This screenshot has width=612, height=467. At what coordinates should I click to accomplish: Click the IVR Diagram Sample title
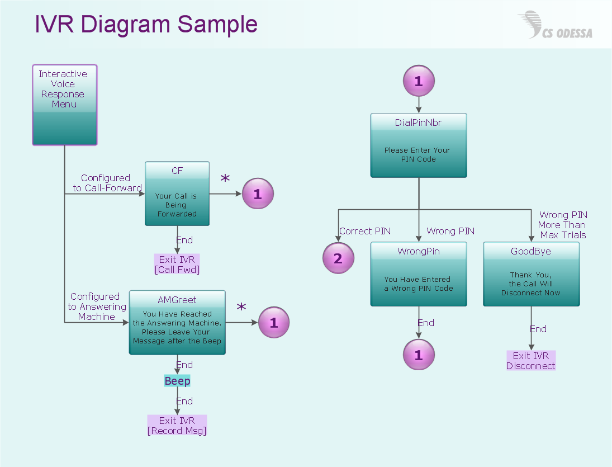click(146, 24)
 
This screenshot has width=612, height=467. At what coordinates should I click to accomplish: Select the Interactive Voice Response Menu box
click(65, 105)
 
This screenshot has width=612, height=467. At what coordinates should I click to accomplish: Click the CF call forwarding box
click(177, 194)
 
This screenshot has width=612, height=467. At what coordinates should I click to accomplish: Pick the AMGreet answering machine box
click(177, 322)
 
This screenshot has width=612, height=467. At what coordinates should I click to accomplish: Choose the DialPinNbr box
click(419, 145)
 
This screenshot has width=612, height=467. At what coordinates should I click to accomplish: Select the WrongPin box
click(419, 274)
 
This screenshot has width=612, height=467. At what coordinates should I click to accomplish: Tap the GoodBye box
click(531, 274)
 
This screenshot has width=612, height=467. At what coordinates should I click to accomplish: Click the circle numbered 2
click(338, 258)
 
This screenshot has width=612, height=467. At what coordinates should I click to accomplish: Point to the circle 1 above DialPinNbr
click(419, 82)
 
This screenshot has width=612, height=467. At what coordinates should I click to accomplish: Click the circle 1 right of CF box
click(258, 194)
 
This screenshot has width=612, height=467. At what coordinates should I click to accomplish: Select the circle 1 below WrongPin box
click(419, 355)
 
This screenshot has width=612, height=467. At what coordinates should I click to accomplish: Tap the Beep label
click(177, 381)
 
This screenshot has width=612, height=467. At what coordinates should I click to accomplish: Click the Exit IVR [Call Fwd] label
click(177, 265)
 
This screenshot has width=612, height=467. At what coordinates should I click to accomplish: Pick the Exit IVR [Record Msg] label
click(177, 426)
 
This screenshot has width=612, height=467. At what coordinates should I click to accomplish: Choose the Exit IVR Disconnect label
click(531, 361)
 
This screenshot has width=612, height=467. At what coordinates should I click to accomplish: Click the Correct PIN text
click(365, 231)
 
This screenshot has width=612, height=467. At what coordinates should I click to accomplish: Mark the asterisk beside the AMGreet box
click(241, 308)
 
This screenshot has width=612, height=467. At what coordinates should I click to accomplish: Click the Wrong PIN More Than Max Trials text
click(563, 225)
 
